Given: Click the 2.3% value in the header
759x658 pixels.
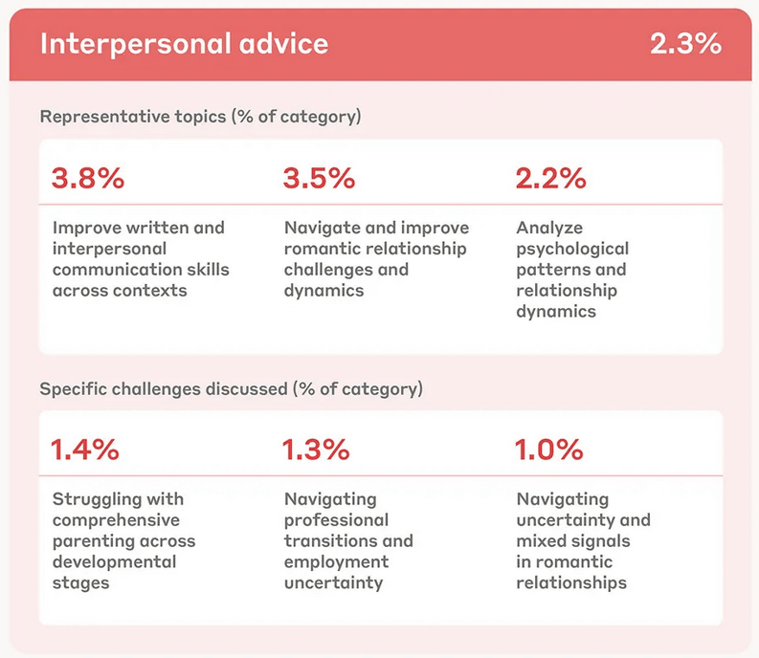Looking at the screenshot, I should pyautogui.click(x=685, y=44).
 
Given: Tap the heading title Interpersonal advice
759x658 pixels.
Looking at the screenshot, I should pyautogui.click(x=184, y=44).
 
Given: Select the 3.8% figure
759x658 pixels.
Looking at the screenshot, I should pyautogui.click(x=88, y=179).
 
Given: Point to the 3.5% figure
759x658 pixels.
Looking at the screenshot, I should pyautogui.click(x=320, y=179).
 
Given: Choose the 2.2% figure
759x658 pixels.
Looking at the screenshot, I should pyautogui.click(x=551, y=179).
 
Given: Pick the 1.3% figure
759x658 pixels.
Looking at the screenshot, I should pyautogui.click(x=317, y=450).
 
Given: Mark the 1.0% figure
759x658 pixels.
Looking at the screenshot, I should pyautogui.click(x=549, y=450).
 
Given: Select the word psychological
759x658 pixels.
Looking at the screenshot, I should pyautogui.click(x=572, y=249).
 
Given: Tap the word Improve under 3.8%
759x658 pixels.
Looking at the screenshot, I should pyautogui.click(x=84, y=228).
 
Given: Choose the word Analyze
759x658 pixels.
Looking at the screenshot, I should pyautogui.click(x=549, y=228).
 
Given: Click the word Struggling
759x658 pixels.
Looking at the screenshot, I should pyautogui.click(x=91, y=499).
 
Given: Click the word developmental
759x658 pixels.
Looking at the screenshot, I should pyautogui.click(x=115, y=562).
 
